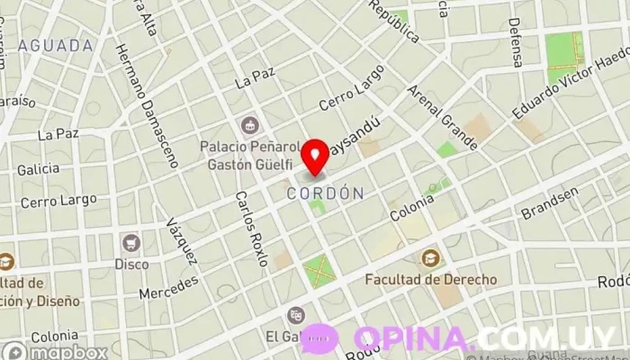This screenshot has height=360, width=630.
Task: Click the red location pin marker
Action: coord(315,157)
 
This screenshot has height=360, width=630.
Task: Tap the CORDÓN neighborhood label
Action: coord(325,193)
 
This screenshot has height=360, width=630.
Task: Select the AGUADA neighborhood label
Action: coord(55,44)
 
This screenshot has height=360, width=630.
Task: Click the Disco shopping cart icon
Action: coord(131,242)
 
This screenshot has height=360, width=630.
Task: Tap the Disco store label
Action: coord(131,264)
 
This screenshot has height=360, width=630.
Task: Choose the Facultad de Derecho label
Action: coord(430,279)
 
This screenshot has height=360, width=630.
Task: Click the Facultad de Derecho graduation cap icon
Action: coord(430,258)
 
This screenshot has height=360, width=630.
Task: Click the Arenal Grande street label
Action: coord(441,117)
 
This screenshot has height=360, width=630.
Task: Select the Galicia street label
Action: coord(37,168)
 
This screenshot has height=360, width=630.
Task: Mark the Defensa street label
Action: coord(516,42)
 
